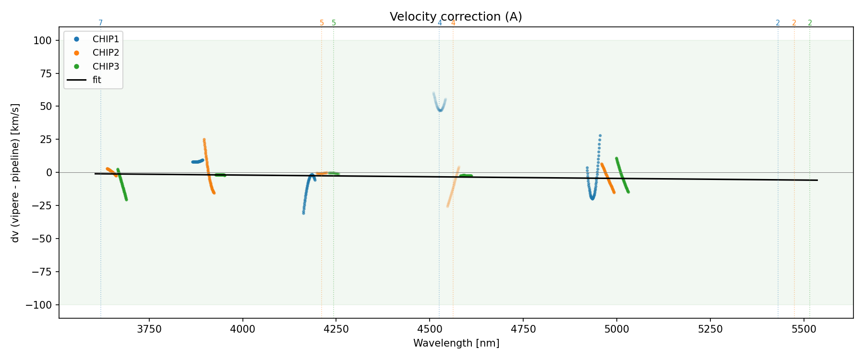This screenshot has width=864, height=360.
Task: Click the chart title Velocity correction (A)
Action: [456, 17]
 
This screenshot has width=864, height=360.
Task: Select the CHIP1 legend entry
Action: [106, 39]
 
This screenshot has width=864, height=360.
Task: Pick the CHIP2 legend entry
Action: [106, 53]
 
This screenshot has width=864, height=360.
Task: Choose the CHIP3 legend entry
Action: [106, 66]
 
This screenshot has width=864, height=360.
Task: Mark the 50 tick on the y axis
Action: [45, 107]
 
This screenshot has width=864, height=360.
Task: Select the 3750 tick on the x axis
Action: [149, 329]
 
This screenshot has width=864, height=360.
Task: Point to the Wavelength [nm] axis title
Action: [456, 344]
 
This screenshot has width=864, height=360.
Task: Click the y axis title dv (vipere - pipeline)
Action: [15, 173]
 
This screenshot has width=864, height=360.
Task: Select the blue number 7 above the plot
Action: [101, 23]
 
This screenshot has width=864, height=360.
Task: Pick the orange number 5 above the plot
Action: [322, 23]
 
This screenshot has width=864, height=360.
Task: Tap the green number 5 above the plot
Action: [334, 23]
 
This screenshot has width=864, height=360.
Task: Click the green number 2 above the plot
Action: [810, 23]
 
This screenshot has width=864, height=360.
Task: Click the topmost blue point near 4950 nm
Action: [600, 136]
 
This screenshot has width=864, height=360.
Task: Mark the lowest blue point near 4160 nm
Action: [303, 213]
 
